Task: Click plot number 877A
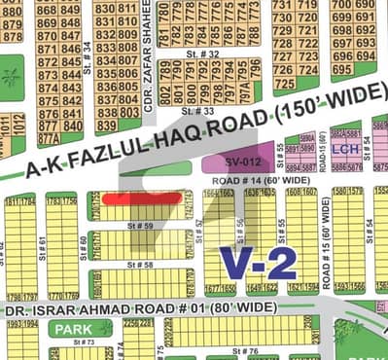point(46,126)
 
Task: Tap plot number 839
point(105,125)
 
